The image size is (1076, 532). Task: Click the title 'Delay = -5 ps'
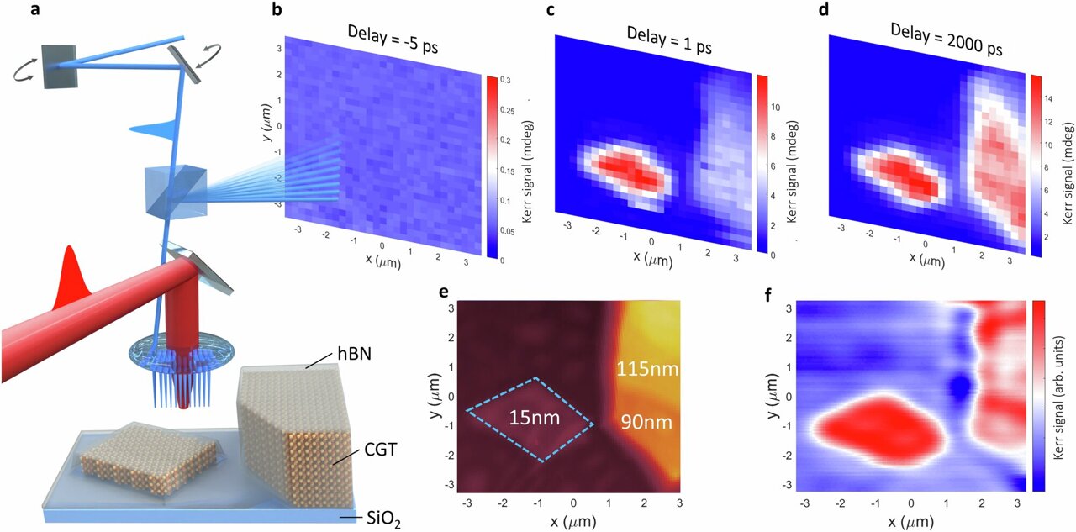point(389,36)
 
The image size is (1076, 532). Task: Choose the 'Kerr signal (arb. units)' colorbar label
point(1059,395)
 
